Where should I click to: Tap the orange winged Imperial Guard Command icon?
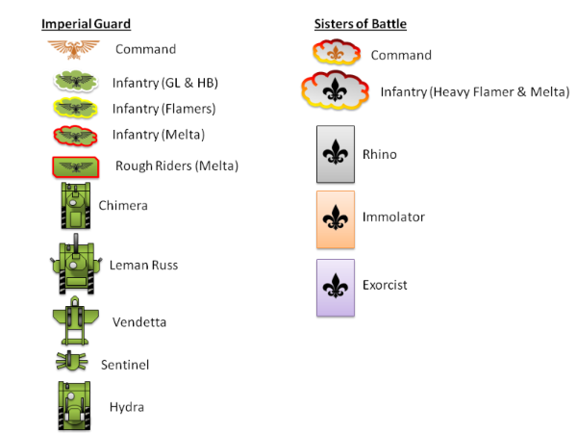click(x=71, y=47)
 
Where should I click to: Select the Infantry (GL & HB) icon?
click(x=72, y=82)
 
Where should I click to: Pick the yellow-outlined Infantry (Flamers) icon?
click(x=72, y=108)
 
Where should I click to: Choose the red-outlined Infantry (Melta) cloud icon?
click(x=72, y=134)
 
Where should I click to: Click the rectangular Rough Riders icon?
click(x=73, y=166)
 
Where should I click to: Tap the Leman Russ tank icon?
click(x=75, y=265)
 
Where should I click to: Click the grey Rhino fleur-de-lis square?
click(x=336, y=154)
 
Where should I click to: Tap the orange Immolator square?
click(x=336, y=218)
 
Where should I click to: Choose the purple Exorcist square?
click(x=336, y=287)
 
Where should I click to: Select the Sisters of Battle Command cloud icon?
click(x=336, y=54)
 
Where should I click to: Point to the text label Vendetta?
click(x=140, y=322)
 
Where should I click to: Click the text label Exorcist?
click(x=385, y=285)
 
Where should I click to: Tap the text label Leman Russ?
click(x=143, y=265)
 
